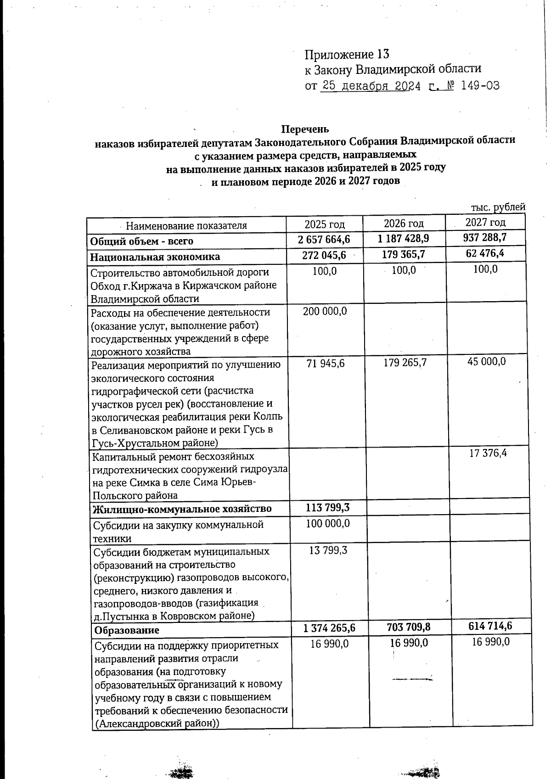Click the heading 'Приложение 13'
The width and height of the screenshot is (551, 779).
[x=347, y=55]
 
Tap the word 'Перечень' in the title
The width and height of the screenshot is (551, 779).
[x=305, y=129]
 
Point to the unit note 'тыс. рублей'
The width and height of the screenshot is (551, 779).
[x=498, y=207]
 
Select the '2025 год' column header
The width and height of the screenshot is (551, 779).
[x=324, y=224]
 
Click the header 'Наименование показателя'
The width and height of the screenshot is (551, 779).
[x=186, y=225]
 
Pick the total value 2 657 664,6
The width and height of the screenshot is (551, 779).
[x=323, y=240]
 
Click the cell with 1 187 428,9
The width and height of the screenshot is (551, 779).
[x=403, y=238]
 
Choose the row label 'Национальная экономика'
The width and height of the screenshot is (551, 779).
[x=155, y=257]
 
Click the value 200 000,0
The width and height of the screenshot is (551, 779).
[x=325, y=311]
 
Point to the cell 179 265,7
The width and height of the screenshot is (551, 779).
[x=405, y=363]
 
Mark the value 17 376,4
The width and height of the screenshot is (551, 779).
[x=488, y=454]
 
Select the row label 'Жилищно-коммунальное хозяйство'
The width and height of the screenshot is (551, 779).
[x=182, y=509]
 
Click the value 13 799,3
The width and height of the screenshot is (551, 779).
[x=328, y=550]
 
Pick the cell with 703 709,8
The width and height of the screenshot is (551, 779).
[x=405, y=627]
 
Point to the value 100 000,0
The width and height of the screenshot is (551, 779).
[x=328, y=523]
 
